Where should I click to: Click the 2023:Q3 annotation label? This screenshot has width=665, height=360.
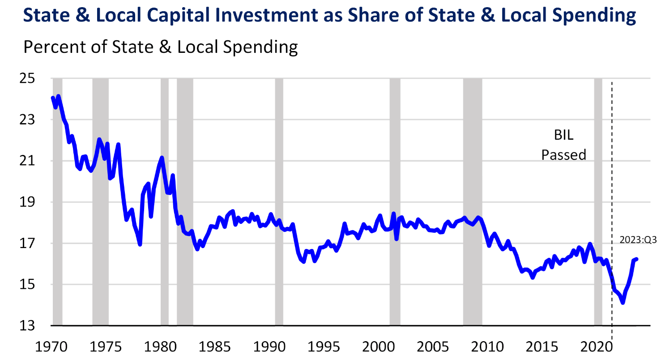click(638, 240)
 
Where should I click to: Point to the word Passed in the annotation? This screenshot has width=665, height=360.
click(563, 154)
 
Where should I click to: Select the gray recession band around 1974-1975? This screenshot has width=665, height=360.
click(100, 201)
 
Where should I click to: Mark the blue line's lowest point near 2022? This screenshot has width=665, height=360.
click(622, 303)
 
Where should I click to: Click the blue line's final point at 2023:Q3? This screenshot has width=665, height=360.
click(636, 259)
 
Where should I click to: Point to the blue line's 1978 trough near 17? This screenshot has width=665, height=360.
click(140, 244)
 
